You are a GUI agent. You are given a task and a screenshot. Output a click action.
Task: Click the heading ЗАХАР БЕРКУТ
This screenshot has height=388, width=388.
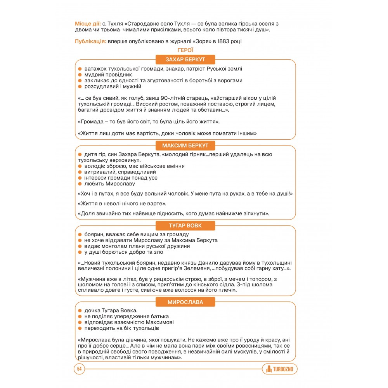coord(185,60)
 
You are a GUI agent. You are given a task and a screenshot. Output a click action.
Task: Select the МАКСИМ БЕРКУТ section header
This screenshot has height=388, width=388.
coord(185,145)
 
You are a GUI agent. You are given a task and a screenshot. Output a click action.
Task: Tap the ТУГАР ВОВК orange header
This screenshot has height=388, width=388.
coord(185,226)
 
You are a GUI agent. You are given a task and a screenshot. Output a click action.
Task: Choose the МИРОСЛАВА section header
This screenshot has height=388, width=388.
coord(185,302)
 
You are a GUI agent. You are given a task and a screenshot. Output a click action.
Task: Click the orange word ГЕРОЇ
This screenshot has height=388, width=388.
coord(185,50)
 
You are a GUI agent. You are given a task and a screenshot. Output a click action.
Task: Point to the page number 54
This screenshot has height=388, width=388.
coord(79,369)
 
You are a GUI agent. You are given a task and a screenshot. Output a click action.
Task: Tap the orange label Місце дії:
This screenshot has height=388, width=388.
coord(88,24)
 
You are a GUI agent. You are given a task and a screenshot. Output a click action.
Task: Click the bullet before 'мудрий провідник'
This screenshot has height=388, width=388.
coord(80,74)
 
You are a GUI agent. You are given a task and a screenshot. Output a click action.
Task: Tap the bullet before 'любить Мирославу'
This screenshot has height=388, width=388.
coord(80,184)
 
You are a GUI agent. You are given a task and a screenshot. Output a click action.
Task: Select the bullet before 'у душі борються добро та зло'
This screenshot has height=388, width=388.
coord(80,252)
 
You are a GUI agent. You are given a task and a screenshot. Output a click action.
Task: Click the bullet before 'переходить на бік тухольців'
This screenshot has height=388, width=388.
coord(80,328)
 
